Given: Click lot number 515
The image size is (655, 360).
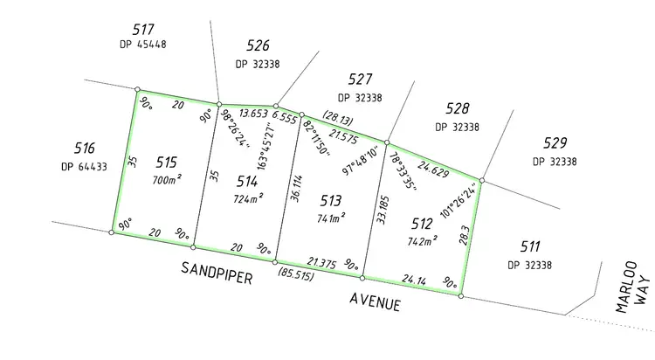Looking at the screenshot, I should pos(167,162).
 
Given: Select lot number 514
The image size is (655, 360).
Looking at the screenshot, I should pos(247,182).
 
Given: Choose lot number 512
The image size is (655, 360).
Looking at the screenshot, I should pos(422,221).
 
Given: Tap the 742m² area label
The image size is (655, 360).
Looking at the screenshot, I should pos(422,239).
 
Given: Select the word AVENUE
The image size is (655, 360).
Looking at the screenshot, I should pos(376,302).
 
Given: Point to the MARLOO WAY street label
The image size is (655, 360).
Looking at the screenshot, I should pos(634,285).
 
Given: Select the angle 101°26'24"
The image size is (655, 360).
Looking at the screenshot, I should pos(463,200).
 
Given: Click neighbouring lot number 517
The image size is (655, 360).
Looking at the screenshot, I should pos(145,30).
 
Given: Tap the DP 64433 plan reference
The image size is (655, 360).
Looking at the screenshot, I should pos(84,167).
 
